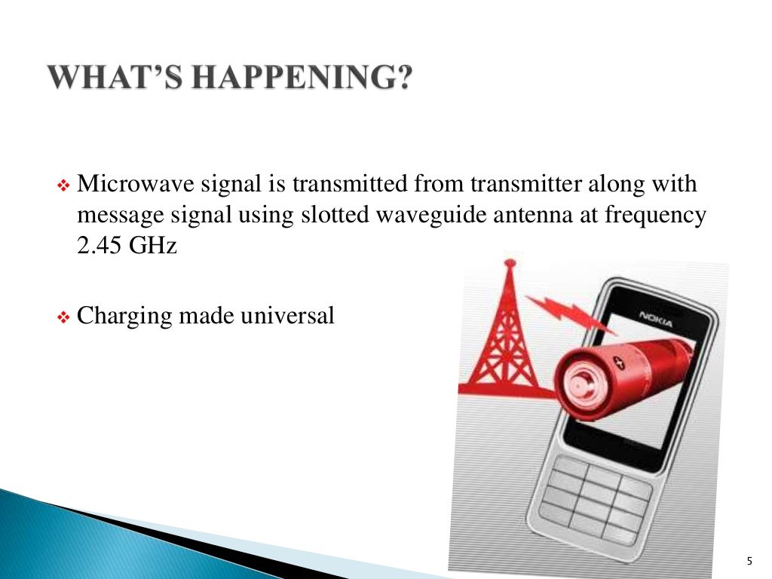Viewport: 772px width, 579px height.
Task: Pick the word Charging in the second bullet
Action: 124,316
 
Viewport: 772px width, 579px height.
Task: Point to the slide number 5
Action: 749,559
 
